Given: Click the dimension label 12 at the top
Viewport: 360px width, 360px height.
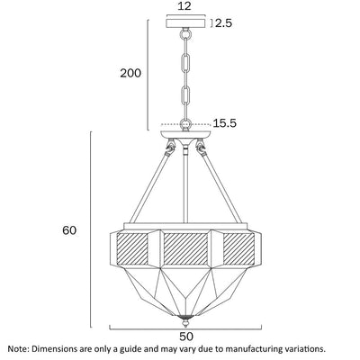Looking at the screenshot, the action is pos(184,6).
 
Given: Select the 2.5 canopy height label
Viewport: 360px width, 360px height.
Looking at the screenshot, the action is pos(224,23).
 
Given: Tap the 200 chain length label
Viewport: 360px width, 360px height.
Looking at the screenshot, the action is pos(130,73).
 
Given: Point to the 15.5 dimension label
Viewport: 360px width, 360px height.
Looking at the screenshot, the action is pos(225,123).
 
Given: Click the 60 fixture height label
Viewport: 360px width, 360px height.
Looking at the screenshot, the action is pos(69,230).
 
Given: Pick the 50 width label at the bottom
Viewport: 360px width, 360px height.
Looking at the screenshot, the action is pos(186,337).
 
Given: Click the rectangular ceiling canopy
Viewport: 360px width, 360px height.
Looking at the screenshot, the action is pos(186,23).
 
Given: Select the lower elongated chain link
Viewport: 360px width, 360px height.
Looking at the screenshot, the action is pos(185,96).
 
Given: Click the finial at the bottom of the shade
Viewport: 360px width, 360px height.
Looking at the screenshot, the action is pos(185,321).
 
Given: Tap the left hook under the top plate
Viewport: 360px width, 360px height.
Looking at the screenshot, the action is pos(171,147).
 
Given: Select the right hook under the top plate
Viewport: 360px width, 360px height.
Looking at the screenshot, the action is pos(200,147).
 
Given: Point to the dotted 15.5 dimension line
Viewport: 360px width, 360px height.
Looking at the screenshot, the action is pos(185,123).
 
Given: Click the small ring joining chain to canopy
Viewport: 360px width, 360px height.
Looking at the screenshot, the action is pos(185,32).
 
